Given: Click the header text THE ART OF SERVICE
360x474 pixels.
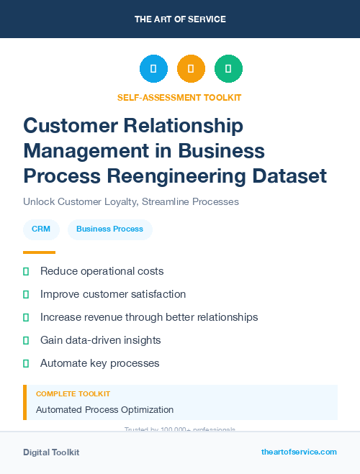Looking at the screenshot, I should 180,19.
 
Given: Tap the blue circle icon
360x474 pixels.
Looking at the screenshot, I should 153,69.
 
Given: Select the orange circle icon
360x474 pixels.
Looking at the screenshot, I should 191,69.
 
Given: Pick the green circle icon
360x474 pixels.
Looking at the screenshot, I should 228,69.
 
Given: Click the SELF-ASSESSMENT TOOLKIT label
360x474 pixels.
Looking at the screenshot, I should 179,97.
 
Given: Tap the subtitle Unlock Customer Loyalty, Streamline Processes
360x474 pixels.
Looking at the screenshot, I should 130,202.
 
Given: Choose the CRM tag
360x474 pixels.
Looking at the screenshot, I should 41,229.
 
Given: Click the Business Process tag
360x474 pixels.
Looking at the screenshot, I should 109,229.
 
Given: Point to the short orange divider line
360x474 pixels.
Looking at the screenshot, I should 39,252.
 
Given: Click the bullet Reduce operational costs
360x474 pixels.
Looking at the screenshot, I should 102,271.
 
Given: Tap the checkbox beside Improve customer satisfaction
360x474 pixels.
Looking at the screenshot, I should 26,294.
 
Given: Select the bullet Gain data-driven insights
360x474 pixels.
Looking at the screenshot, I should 100,340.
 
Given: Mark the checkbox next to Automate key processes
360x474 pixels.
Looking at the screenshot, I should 26,363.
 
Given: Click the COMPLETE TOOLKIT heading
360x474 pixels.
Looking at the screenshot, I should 73,394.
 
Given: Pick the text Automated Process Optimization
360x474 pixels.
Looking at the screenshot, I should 104,410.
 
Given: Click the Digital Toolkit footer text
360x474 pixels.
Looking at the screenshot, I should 51,452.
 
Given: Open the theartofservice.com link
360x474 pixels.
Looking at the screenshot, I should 299,452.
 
